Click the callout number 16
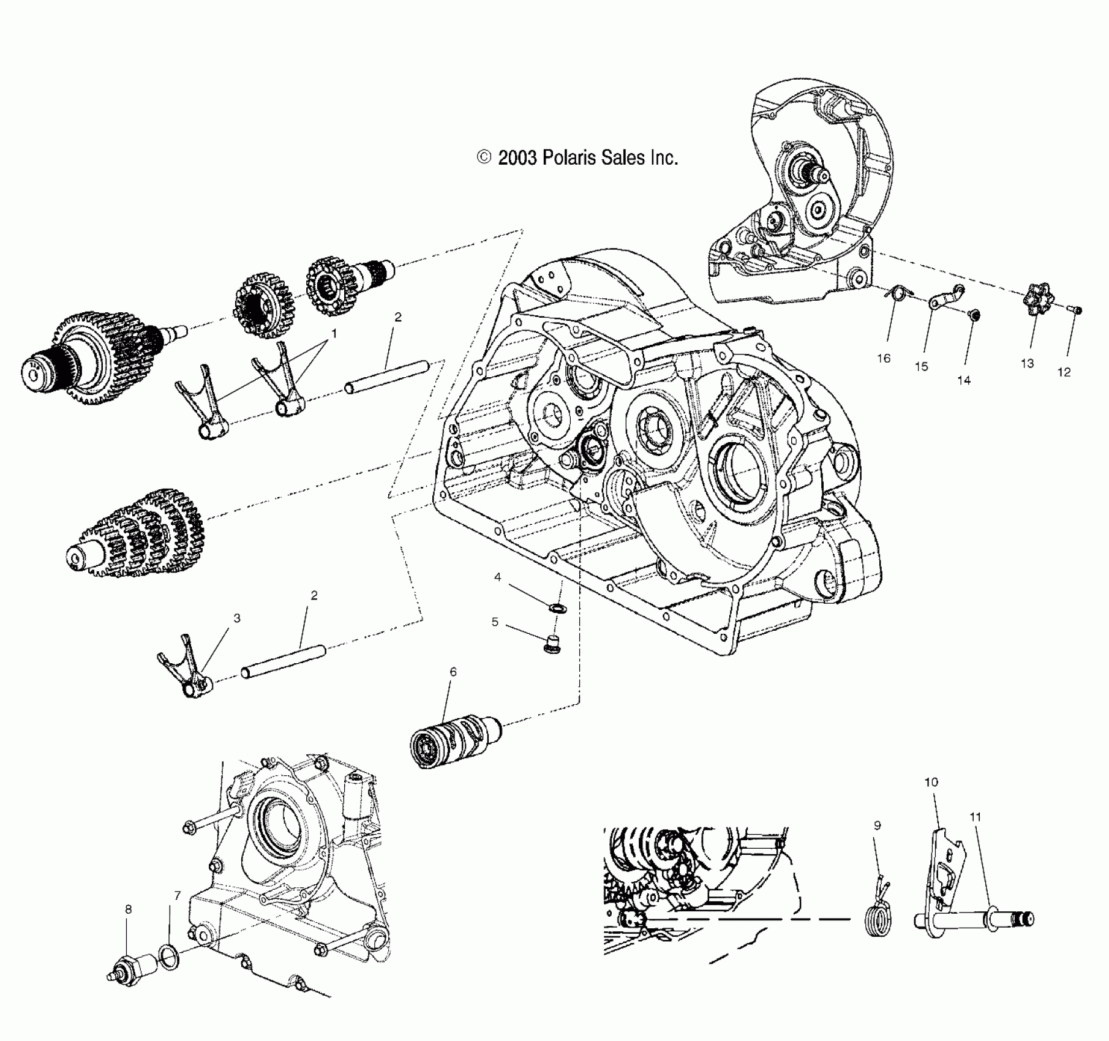click(x=883, y=359)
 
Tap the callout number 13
click(x=1027, y=363)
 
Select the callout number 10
click(x=931, y=782)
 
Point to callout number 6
click(x=453, y=672)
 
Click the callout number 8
click(x=128, y=910)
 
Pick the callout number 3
click(x=237, y=618)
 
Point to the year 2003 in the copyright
click(x=518, y=158)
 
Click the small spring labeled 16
click(x=898, y=294)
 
